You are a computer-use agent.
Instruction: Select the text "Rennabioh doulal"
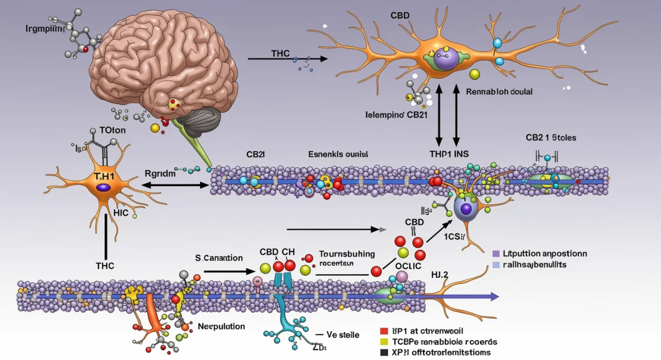(499, 92)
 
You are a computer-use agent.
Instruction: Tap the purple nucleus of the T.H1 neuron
(103, 188)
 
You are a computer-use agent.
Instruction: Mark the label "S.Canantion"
(218, 257)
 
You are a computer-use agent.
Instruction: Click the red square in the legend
(384, 331)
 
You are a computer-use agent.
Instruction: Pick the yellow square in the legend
(384, 342)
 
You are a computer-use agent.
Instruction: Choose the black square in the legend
(384, 352)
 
